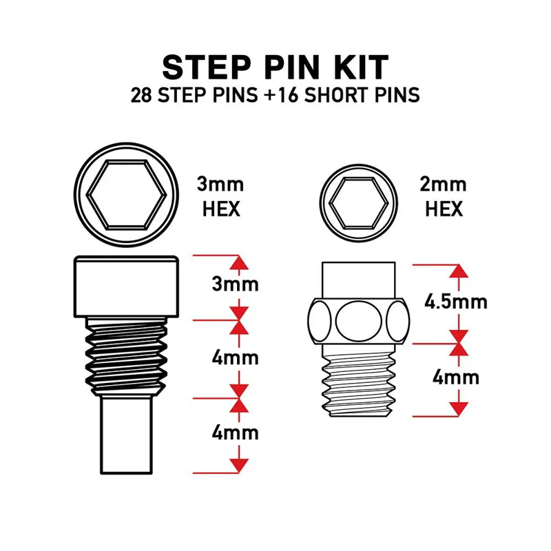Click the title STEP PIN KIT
[275, 67]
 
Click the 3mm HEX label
[221, 196]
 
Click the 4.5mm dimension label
[456, 302]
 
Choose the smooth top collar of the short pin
[358, 279]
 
